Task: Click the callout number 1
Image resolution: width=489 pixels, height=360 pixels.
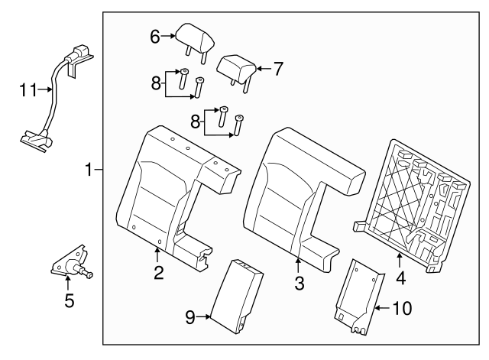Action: point(89,170)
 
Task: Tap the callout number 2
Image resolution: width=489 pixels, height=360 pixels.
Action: point(158,272)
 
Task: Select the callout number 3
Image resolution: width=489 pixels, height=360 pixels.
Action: point(300,283)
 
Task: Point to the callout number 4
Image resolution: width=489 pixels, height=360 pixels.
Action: point(401,277)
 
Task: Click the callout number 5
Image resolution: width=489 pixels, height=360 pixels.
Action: point(69,300)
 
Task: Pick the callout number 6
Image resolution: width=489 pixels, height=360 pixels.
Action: point(155,36)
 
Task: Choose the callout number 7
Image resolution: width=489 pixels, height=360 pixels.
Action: point(277,68)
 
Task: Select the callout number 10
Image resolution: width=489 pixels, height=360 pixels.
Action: point(401,308)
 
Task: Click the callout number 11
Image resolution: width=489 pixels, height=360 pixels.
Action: point(28,90)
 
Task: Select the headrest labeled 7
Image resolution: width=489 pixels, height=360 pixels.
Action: point(236,68)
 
